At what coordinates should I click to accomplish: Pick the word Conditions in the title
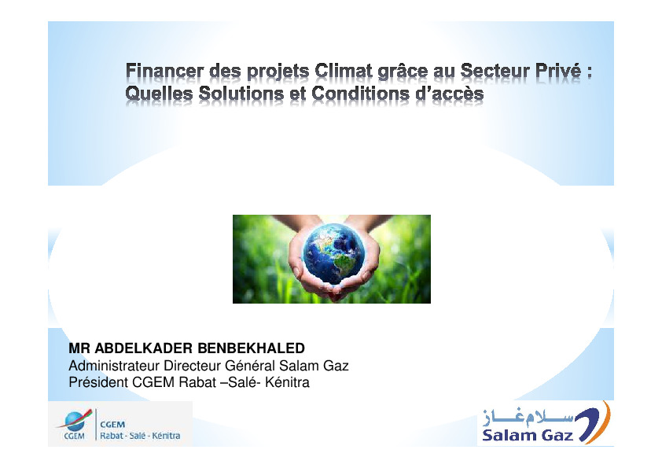(x=361, y=93)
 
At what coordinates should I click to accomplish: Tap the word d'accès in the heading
(x=450, y=93)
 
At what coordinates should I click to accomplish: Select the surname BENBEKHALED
(x=252, y=348)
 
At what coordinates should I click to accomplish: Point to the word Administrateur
(x=114, y=366)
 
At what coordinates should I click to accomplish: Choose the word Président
(x=98, y=382)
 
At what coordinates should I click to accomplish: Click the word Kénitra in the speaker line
(x=288, y=382)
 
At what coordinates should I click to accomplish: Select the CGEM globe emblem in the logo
(x=75, y=420)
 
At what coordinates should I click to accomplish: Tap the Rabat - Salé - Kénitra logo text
(x=140, y=436)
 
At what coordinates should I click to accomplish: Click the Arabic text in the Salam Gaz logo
(x=528, y=418)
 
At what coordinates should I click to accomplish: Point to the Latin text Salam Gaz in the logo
(x=528, y=435)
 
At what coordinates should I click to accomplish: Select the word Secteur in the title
(x=495, y=71)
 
